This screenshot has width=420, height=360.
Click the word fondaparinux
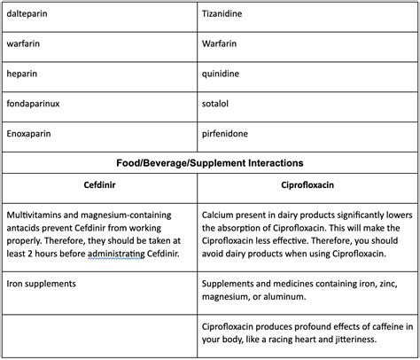(x=32, y=104)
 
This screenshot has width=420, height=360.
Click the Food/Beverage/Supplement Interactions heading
(x=210, y=163)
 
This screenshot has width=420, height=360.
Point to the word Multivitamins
(x=33, y=215)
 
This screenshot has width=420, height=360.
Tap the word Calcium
(x=219, y=215)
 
